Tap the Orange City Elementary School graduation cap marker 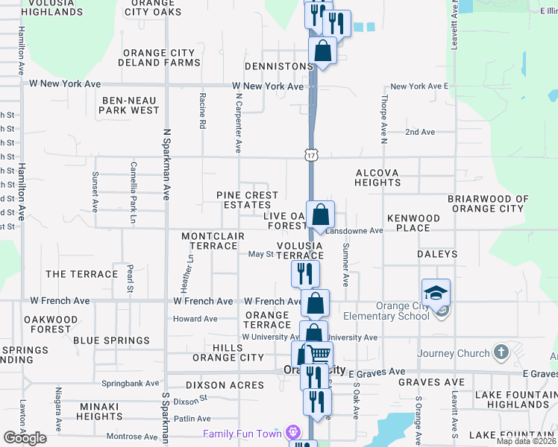coord(436,293)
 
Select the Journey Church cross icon coord(501,352)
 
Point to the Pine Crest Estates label coord(247,200)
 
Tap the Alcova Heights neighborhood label coord(377,177)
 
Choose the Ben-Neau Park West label coord(131,104)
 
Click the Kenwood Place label coord(413,223)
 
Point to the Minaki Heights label coord(99,411)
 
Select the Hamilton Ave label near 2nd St coord(22,191)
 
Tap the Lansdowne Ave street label coord(360,231)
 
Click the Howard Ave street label coord(195,319)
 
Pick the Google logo coord(25,438)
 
